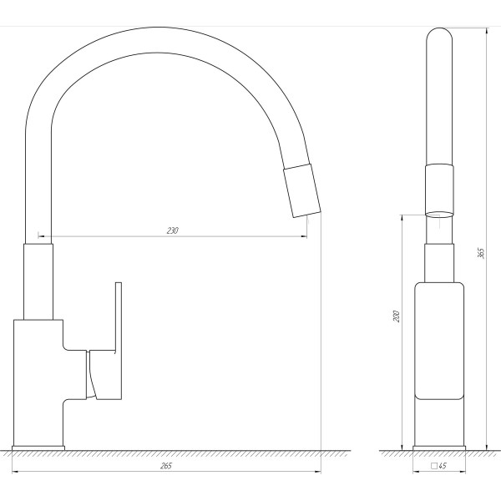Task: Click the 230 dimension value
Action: [x=173, y=230]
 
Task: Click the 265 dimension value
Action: [x=166, y=466]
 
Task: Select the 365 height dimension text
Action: [x=481, y=253]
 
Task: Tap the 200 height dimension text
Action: [x=397, y=316]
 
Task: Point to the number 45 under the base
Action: [x=443, y=466]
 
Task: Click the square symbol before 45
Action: [x=434, y=466]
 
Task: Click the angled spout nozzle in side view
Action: [x=302, y=190]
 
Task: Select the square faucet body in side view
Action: [x=38, y=382]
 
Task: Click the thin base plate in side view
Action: [x=38, y=448]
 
